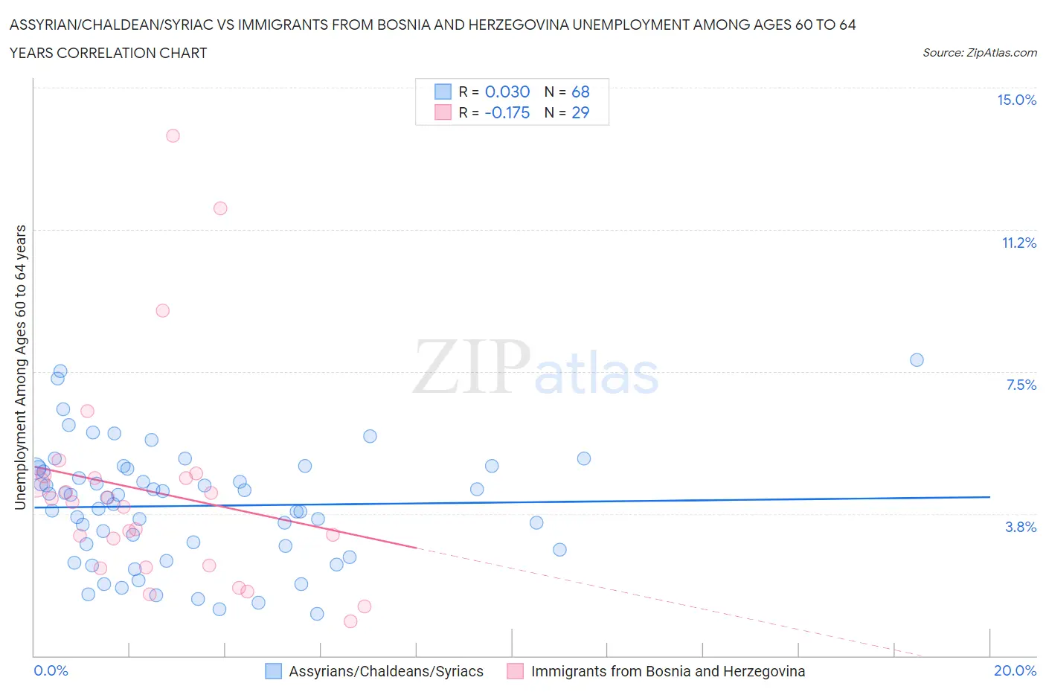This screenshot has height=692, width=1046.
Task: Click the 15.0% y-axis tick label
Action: click(1016, 100)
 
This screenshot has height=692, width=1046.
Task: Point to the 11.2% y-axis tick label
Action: click(1018, 243)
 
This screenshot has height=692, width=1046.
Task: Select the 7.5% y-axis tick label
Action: click(1021, 385)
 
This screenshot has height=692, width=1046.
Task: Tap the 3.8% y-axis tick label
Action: click(1021, 527)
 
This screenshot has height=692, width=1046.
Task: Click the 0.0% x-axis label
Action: click(51, 670)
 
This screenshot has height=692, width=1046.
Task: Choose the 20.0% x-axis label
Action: click(1015, 670)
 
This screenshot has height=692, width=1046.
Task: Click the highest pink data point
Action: click(173, 135)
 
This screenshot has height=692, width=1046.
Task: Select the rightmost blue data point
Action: click(917, 360)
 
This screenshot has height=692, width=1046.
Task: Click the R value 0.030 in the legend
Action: click(507, 92)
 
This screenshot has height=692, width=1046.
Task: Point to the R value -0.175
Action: click(507, 112)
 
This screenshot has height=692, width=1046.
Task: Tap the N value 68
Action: click(580, 92)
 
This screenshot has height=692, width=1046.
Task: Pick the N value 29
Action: click(580, 112)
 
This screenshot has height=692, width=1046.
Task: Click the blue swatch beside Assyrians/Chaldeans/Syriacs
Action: click(274, 671)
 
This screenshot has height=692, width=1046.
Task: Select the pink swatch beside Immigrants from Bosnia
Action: click(515, 671)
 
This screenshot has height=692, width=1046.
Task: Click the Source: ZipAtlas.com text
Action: click(979, 52)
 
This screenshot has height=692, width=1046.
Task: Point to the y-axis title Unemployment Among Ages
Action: click(20, 368)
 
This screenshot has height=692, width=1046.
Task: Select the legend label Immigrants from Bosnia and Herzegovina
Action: click(667, 671)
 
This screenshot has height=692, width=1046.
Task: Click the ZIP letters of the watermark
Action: click(472, 366)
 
